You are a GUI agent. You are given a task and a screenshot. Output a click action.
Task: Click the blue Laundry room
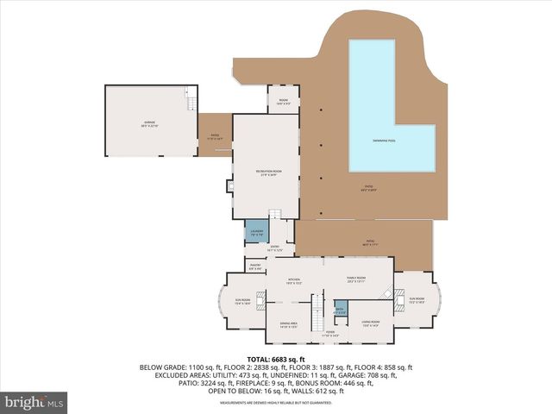point(256,232)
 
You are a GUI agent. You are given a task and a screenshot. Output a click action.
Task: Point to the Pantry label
point(255,267)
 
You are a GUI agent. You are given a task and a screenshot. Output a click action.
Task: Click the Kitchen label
point(295,281)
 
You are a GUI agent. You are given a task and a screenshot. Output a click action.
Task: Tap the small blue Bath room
point(340,310)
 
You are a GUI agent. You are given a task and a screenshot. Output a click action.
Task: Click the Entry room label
point(276,248)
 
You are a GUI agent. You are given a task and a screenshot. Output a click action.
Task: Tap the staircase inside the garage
point(189,101)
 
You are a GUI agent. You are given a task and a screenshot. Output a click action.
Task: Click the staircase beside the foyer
point(316,304)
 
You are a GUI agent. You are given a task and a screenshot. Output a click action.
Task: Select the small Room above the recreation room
point(283,102)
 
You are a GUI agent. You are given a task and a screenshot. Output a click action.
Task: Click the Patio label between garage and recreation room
point(215,135)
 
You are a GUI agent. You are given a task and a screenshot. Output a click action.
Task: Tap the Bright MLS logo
point(34,402)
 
